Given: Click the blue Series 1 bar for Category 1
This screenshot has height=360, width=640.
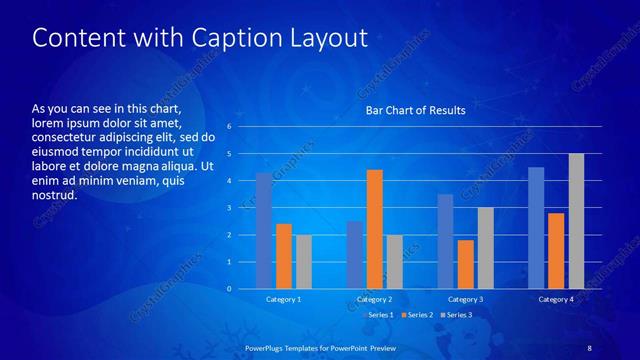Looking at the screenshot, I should point(264,231).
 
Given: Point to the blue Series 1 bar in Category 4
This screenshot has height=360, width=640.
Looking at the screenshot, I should point(536,228).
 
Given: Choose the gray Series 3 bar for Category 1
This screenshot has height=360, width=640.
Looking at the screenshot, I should point(304,262).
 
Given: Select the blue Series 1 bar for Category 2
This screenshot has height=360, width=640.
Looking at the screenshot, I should point(354,255).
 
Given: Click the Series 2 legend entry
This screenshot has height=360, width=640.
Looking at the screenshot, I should point(418,315).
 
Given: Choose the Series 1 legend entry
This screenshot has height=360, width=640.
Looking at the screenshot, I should point(377,315).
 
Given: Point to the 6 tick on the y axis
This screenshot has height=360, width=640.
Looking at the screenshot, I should point(230,127).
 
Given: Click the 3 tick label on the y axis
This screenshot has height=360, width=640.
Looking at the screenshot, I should point(230,208).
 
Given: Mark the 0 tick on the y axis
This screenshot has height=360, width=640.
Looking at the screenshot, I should point(230,289).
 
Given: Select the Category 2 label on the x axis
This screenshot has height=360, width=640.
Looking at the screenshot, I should point(374,299).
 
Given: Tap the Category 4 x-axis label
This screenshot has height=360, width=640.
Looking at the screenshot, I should point(556,299).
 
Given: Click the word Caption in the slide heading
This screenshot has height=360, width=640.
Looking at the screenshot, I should point(229,38).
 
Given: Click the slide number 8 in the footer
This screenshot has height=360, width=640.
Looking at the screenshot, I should point(589,347).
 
